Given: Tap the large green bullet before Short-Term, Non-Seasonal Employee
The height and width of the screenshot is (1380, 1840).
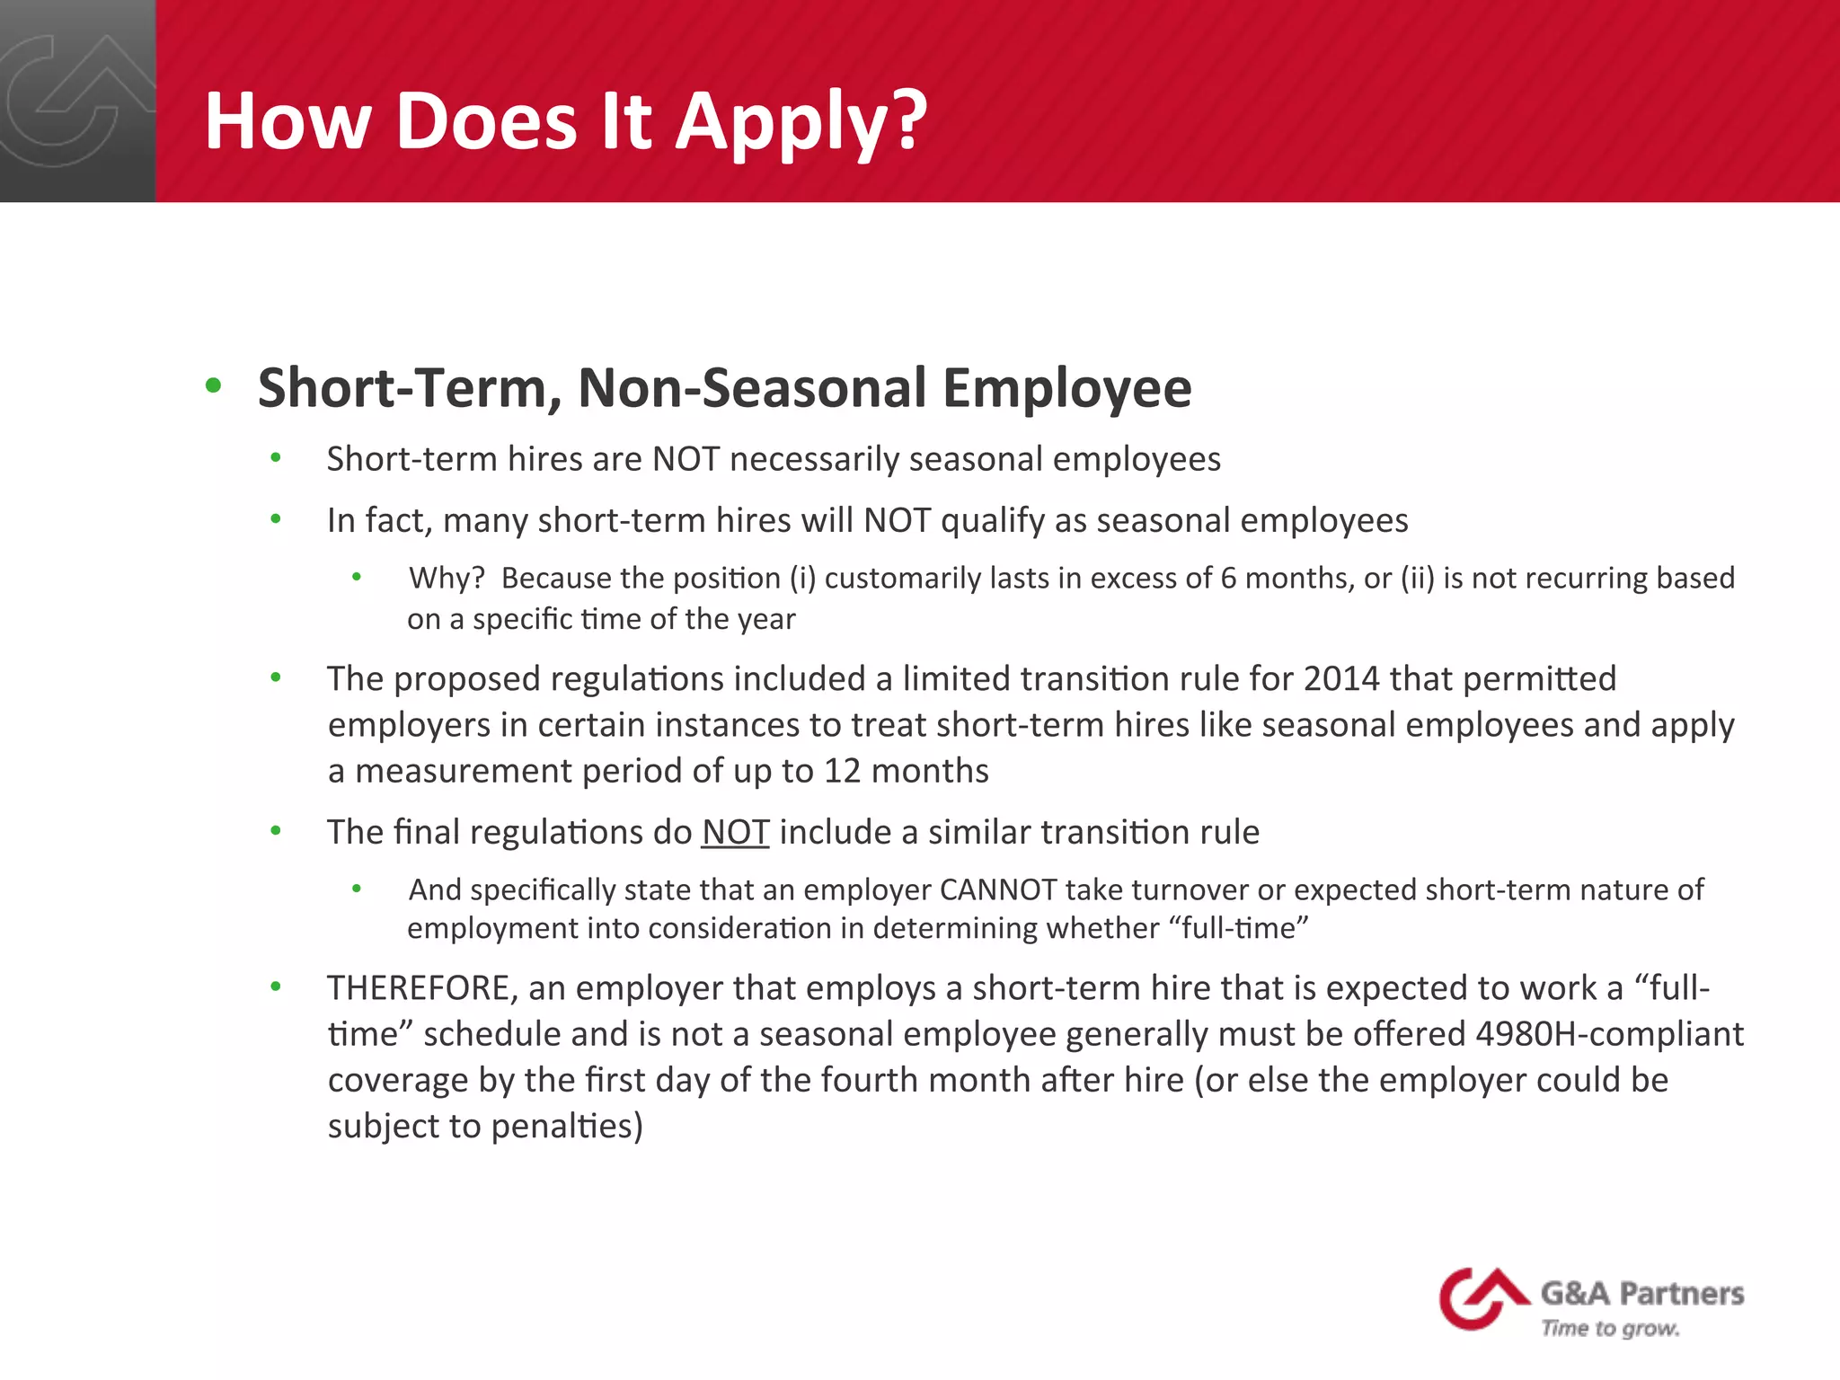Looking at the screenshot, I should pyautogui.click(x=213, y=386).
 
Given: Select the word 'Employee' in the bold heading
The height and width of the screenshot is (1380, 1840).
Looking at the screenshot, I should pyautogui.click(x=1066, y=388).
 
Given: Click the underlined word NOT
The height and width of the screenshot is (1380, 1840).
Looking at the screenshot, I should pyautogui.click(x=735, y=832).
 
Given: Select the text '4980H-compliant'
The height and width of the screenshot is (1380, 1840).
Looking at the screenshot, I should pyautogui.click(x=1609, y=1034).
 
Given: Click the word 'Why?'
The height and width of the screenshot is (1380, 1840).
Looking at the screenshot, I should pyautogui.click(x=447, y=578).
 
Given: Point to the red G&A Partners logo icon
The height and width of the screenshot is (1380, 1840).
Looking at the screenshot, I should pyautogui.click(x=1482, y=1297).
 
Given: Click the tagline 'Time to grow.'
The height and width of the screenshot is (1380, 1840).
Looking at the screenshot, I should pyautogui.click(x=1610, y=1328).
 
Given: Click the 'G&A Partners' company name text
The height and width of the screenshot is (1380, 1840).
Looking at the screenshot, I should pyautogui.click(x=1642, y=1293).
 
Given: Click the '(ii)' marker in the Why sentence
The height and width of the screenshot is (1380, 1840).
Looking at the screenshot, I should pyautogui.click(x=1417, y=578).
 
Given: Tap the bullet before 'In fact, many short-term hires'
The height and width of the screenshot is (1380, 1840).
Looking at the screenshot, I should pyautogui.click(x=276, y=519).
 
